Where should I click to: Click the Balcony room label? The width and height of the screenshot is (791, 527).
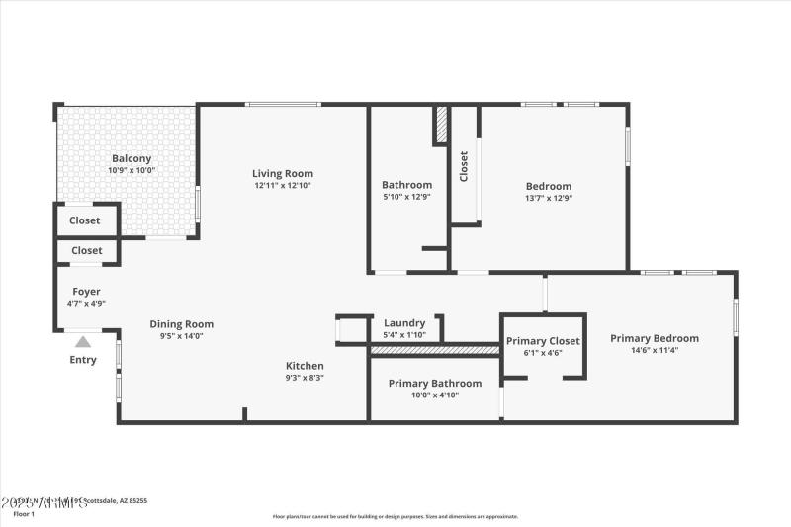(132, 158)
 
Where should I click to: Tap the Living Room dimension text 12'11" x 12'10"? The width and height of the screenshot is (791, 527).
(283, 185)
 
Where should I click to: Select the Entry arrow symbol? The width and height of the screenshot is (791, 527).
(83, 342)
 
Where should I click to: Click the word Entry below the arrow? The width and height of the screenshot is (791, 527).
(83, 360)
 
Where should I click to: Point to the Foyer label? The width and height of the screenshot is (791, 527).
(86, 292)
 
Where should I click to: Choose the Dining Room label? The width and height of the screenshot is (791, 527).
(181, 323)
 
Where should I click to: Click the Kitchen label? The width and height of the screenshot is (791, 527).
(305, 365)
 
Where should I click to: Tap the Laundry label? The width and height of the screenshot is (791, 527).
(404, 322)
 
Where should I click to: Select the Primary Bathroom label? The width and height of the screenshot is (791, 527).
(434, 383)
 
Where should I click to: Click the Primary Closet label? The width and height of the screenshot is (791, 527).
(543, 341)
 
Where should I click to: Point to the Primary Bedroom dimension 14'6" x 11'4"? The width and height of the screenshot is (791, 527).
(654, 349)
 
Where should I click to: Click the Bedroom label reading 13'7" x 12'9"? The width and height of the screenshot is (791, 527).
(548, 197)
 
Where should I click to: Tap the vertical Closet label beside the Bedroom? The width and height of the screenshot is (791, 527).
(464, 165)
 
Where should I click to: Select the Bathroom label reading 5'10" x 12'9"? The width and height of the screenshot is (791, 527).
(406, 197)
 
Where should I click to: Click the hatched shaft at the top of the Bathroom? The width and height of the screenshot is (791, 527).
(442, 126)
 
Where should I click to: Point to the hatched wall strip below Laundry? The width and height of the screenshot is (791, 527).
(434, 350)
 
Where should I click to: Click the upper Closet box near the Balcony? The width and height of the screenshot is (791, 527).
(85, 220)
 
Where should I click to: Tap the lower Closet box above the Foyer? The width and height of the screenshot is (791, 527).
(86, 250)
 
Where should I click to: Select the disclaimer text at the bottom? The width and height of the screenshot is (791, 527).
(395, 516)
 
